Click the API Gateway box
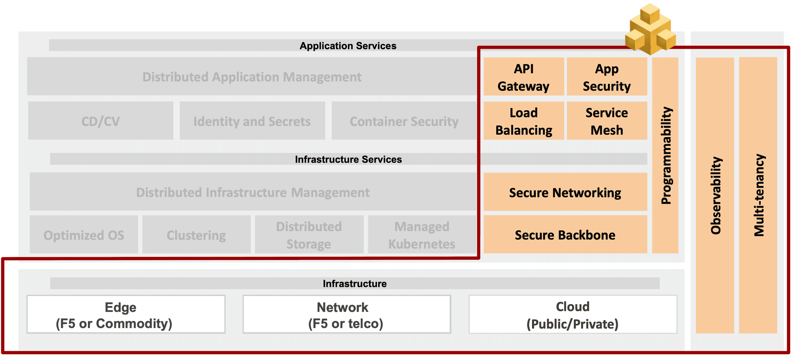[x=523, y=77]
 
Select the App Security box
[x=607, y=77]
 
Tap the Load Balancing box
[x=523, y=121]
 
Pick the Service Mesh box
[x=607, y=121]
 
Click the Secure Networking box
[x=565, y=192]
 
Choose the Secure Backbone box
[x=565, y=235]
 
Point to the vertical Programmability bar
[x=665, y=155]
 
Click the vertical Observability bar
[x=715, y=195]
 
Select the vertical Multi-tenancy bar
[x=758, y=195]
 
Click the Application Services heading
[x=348, y=46]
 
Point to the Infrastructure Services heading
[x=348, y=159]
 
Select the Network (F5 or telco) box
[x=346, y=315]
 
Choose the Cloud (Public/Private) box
[x=573, y=315]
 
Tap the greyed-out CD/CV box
[x=100, y=121]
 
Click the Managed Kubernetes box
[x=422, y=235]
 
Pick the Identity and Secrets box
[x=252, y=121]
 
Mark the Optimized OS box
[x=84, y=235]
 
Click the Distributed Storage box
[x=309, y=235]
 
